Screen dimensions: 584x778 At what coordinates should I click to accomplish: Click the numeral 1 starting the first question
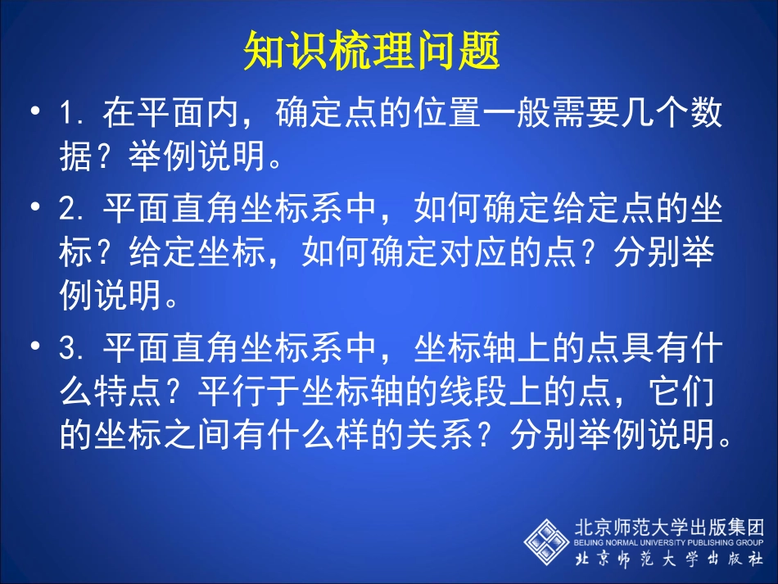click(x=69, y=115)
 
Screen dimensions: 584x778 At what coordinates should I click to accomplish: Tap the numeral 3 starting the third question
click(x=69, y=351)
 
